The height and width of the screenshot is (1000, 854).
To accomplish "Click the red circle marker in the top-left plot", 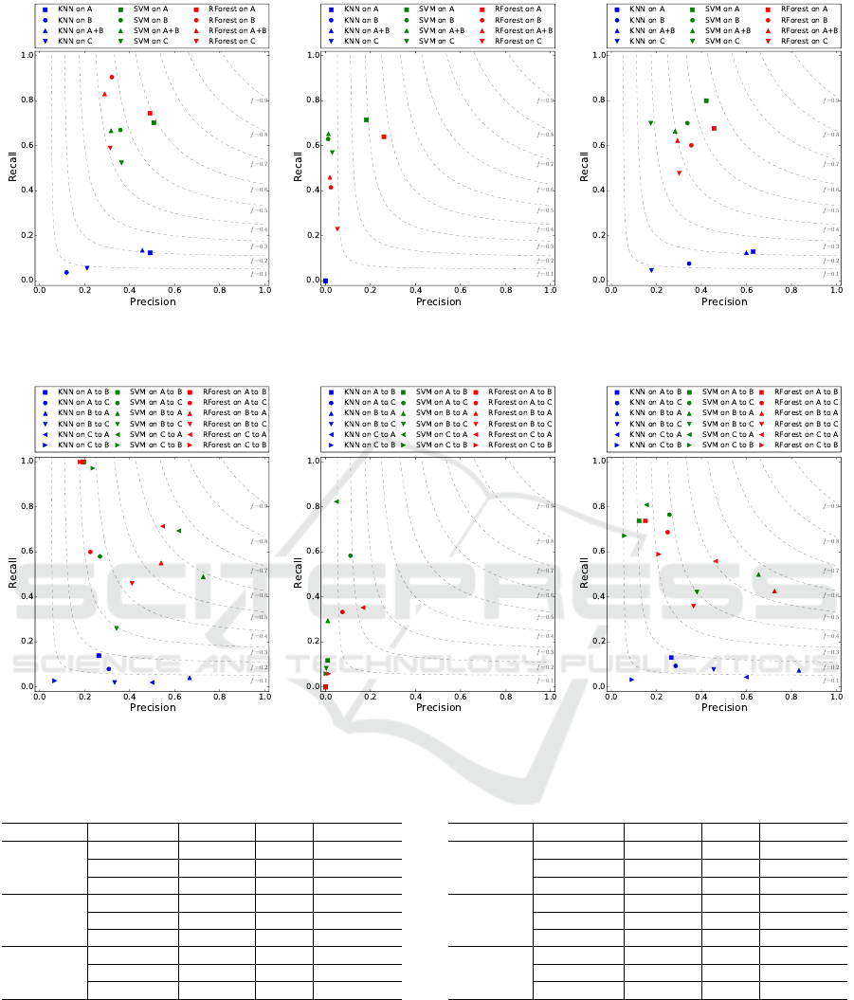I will point(112,77).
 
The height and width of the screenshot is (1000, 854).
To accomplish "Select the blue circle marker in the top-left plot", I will point(66,272).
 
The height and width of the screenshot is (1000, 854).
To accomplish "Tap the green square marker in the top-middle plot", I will point(366,119).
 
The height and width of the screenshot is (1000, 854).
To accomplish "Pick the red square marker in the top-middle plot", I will point(384,136).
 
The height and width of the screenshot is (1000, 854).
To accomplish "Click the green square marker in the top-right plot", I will point(706,100).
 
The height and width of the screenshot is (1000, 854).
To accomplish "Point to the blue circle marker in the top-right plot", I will point(689,264).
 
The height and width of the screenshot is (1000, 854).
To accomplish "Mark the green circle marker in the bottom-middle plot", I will point(351,555).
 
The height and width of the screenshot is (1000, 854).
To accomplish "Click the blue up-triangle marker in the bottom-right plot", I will point(798,671).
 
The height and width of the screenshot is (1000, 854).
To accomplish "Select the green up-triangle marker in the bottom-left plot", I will point(203,576).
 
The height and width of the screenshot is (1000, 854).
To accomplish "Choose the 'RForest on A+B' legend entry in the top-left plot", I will point(224,30).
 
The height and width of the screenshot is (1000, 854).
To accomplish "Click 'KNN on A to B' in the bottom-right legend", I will point(653,391).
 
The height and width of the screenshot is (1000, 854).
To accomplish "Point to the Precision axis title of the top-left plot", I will point(153,301).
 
